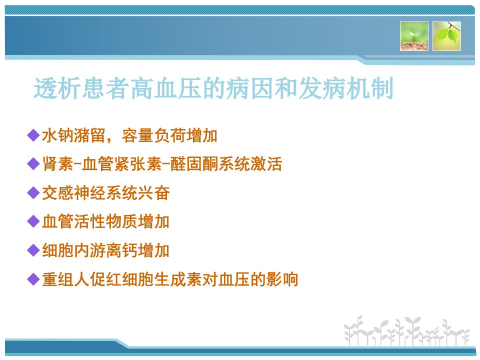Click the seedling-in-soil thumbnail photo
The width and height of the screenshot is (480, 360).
pos(414,36)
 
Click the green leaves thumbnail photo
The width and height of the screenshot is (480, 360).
pos(446,36)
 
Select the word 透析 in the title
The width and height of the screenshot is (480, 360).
pos(57,88)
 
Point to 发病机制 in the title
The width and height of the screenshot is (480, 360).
pos(345,88)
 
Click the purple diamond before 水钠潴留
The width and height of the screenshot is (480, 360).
pos(33,135)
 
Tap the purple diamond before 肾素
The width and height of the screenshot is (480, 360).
pos(33,164)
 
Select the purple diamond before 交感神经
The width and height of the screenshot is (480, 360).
pos(33,193)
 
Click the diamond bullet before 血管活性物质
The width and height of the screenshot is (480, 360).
pos(33,221)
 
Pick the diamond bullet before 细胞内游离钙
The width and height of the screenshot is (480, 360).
pos(33,250)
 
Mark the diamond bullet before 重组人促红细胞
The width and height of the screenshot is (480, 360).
pos(33,279)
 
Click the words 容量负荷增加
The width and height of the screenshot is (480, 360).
pos(169,135)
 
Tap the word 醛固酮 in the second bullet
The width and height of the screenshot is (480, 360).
pos(194,164)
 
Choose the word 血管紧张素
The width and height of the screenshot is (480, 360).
pos(122,164)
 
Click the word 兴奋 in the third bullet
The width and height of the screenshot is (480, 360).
pos(154,193)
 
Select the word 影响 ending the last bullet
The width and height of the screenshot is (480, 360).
pos(282,279)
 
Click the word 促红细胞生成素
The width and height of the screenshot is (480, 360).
pos(145,279)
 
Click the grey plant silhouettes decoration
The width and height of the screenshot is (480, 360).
pos(406,330)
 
